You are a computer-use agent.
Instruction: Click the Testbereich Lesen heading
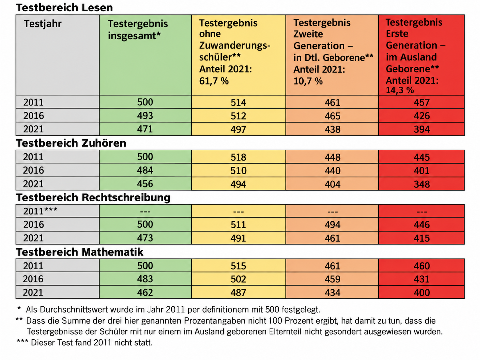tap(65, 8)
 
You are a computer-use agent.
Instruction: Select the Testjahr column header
tap(43, 24)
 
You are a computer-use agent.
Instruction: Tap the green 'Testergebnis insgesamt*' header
tap(138, 30)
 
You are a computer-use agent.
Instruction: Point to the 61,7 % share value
tap(214, 81)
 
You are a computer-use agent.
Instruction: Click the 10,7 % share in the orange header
tap(308, 81)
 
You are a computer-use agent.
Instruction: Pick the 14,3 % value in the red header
tap(400, 90)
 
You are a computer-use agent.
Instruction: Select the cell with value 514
tap(238, 102)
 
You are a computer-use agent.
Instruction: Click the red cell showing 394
tap(422, 129)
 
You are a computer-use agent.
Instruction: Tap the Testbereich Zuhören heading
tap(71, 143)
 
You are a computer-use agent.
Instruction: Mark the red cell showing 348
tap(422, 184)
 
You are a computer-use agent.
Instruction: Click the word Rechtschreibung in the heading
tap(126, 197)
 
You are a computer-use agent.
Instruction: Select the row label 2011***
tap(40, 211)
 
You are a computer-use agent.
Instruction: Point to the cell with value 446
tap(422, 225)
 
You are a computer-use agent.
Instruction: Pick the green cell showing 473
tap(145, 238)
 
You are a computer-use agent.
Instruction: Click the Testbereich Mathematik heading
tap(80, 252)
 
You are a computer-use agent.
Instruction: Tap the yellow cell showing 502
tap(238, 279)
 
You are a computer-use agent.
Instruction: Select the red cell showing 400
tap(422, 293)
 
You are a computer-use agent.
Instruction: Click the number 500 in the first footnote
tap(272, 310)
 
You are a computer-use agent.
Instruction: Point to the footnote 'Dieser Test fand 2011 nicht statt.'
tap(91, 342)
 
